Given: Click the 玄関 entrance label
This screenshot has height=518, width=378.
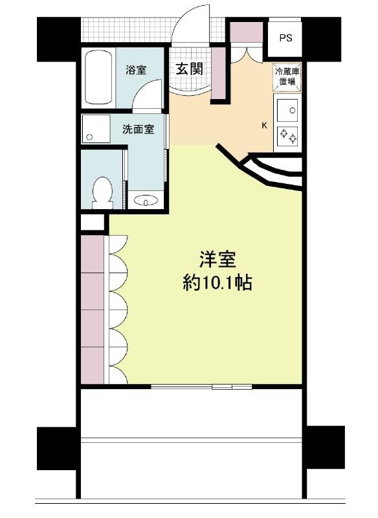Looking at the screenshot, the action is [x=189, y=69].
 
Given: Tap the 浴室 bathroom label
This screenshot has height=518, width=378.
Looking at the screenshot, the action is [x=136, y=70].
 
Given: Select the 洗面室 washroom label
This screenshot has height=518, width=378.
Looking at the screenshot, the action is [x=139, y=129].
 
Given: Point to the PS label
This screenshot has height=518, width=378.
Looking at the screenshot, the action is [x=286, y=38].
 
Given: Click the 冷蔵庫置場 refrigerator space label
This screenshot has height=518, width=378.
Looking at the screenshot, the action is [x=287, y=76].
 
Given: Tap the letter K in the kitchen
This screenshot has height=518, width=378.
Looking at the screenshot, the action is [x=264, y=126].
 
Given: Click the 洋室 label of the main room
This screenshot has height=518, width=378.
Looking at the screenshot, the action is [x=218, y=260].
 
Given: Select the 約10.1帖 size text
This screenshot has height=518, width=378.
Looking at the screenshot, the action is [x=217, y=283].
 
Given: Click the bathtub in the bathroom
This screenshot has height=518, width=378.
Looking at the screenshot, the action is [x=98, y=77].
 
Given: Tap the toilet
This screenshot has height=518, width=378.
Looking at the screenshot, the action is [x=102, y=193].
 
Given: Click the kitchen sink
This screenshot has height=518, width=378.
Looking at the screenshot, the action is [x=287, y=110].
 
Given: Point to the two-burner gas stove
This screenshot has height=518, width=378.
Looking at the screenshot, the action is [x=287, y=136].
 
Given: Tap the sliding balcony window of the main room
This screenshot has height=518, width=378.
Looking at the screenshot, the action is [x=201, y=387].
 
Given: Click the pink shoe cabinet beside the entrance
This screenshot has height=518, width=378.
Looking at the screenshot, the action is [x=218, y=73].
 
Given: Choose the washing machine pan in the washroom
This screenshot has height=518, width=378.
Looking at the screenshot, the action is [x=96, y=129].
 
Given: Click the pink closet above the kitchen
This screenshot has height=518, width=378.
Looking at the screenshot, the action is [x=246, y=32].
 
